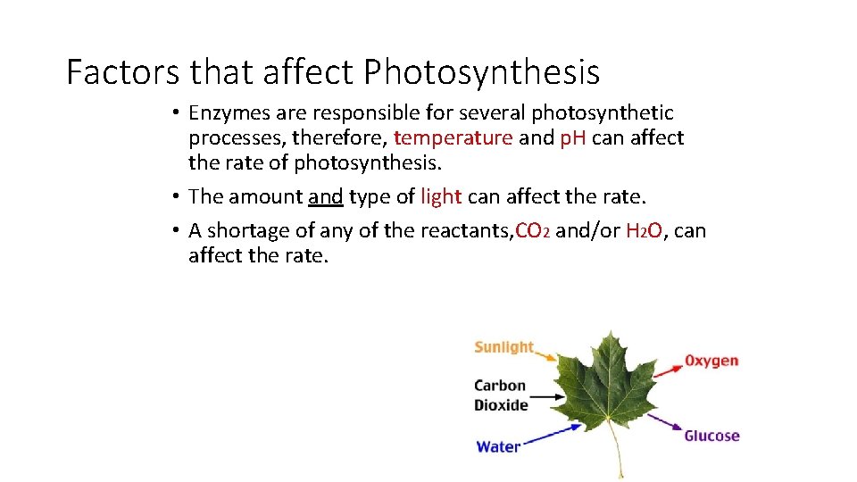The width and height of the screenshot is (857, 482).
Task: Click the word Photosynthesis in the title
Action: click(482, 72)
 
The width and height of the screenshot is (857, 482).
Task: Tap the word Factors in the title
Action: click(122, 72)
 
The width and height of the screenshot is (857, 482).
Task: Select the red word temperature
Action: click(453, 138)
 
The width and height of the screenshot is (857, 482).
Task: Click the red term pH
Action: click(572, 138)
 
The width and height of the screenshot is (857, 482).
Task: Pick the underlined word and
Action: click(326, 196)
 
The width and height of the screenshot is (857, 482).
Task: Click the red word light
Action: click(439, 196)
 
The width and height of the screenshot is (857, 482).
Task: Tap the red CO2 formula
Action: click(533, 231)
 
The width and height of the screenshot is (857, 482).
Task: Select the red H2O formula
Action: click(644, 231)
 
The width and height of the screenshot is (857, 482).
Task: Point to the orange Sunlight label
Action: click(503, 347)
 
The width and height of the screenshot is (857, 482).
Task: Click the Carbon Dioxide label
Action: click(501, 395)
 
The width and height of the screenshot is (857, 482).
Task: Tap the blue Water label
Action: click(498, 446)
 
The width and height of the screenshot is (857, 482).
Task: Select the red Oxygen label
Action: click(711, 361)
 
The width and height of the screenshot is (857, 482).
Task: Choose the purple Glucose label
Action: click(711, 436)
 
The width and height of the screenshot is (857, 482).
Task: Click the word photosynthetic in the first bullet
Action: click(603, 113)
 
